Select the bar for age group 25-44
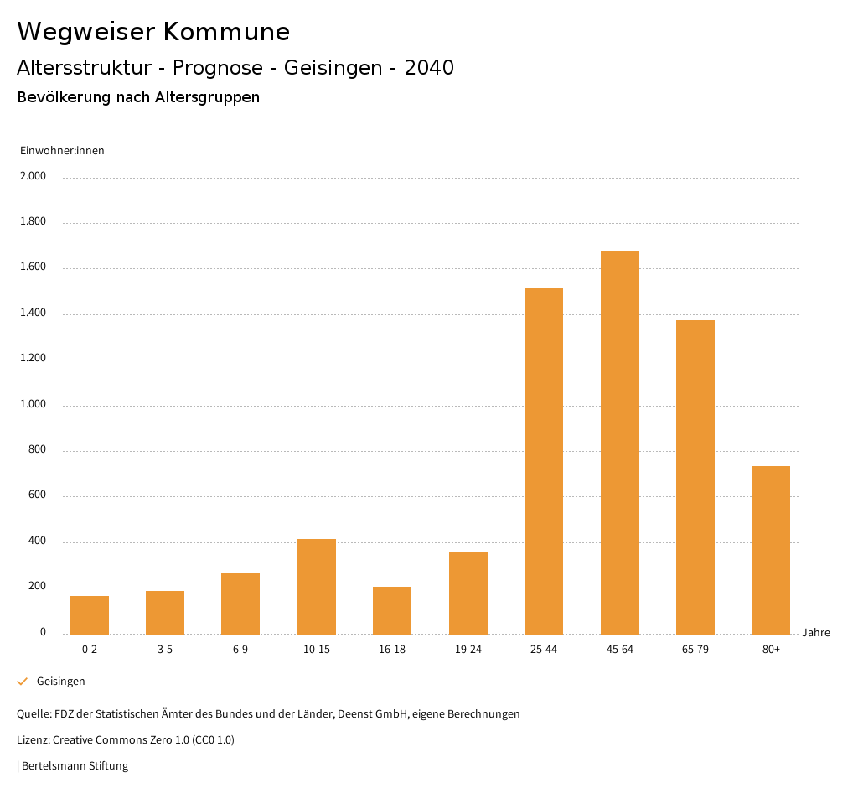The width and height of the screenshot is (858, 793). click(x=544, y=461)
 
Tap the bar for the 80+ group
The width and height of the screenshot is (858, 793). click(x=771, y=550)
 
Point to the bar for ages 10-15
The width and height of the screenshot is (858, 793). click(x=317, y=586)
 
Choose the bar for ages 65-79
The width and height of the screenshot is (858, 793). click(x=695, y=477)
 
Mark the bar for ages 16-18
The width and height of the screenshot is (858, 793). click(x=392, y=610)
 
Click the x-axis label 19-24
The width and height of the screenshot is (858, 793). click(x=468, y=650)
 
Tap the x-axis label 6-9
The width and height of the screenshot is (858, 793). click(x=240, y=650)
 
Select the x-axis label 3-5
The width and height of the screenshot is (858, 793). click(x=165, y=650)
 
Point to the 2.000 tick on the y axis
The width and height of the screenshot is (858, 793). click(x=34, y=177)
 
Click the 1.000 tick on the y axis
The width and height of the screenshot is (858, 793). click(x=34, y=405)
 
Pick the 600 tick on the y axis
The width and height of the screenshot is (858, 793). click(x=38, y=495)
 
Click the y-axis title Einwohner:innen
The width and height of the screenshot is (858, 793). click(x=62, y=151)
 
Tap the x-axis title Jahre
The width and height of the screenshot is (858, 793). click(x=816, y=633)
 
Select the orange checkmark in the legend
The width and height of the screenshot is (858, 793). click(x=23, y=682)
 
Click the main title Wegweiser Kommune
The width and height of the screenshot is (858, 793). click(x=153, y=32)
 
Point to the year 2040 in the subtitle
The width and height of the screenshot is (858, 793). click(x=428, y=68)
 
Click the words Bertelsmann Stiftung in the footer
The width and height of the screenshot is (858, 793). click(x=75, y=766)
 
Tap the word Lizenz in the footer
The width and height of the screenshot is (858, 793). click(x=33, y=740)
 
